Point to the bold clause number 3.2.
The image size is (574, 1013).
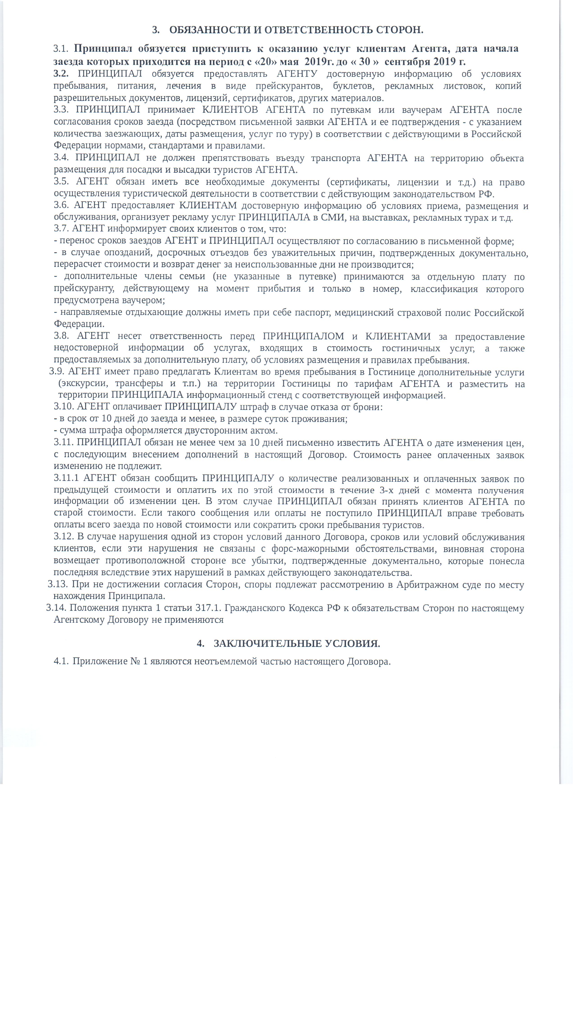(61, 74)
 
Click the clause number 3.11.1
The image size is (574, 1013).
(66, 478)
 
